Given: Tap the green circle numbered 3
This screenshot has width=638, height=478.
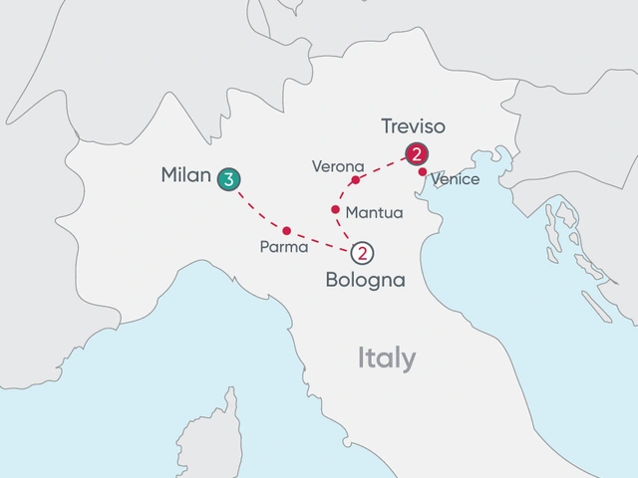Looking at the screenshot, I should click(228, 179).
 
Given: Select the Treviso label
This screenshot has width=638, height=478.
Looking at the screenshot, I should click(414, 126).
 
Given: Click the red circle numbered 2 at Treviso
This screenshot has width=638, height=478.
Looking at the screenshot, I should click(416, 154).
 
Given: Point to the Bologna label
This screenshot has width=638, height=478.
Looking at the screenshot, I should click(366, 280).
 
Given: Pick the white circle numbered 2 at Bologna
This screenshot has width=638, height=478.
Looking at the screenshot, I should click(363, 253).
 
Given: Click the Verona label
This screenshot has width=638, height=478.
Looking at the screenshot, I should click(338, 165).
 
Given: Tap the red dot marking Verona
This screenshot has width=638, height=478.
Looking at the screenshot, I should click(355, 181).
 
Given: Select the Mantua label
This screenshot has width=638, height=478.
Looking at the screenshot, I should click(373, 213).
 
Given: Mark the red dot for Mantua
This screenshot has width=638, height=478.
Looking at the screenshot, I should click(334, 209).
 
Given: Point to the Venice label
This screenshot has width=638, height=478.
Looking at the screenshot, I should click(457, 180).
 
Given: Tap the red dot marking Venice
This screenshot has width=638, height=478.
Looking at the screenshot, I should click(423, 172).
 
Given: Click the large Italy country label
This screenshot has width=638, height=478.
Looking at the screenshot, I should click(388, 358).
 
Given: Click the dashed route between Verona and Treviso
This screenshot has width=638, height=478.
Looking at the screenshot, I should click(384, 169).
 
